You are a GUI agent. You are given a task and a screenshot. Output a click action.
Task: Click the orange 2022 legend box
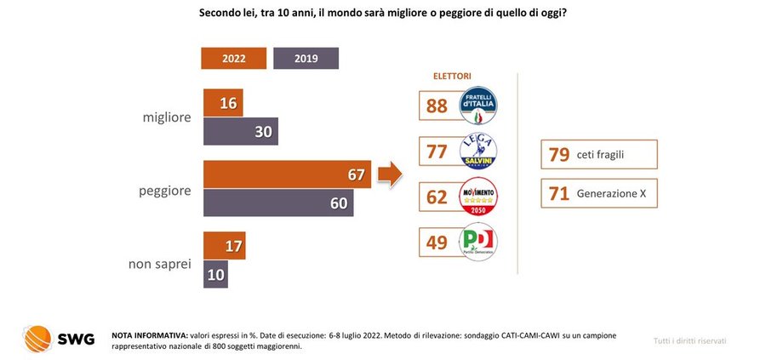click(x=233, y=58)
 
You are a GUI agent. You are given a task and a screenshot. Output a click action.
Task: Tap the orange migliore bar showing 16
click(x=223, y=102)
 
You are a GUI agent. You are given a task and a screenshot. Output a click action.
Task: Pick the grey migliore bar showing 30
click(x=240, y=131)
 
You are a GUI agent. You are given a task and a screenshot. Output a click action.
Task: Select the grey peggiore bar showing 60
click(x=277, y=203)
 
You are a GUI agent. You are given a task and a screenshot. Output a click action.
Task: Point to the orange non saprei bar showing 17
click(x=225, y=246)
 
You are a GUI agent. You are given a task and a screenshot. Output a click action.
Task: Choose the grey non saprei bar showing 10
click(x=215, y=274)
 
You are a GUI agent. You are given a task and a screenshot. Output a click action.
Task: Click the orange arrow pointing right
click(x=389, y=175)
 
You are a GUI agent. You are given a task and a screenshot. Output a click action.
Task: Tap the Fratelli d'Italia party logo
click(x=478, y=106)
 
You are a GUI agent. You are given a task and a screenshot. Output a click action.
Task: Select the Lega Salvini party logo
click(x=478, y=151)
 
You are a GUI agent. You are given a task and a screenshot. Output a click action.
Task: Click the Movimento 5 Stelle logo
click(x=478, y=197)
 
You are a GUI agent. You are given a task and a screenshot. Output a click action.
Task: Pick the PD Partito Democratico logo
click(x=478, y=243)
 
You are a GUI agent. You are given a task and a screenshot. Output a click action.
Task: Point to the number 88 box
click(x=438, y=106)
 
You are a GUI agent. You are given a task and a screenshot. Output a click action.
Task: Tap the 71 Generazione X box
click(x=598, y=194)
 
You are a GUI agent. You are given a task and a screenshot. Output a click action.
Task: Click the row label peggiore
click(x=164, y=192)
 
